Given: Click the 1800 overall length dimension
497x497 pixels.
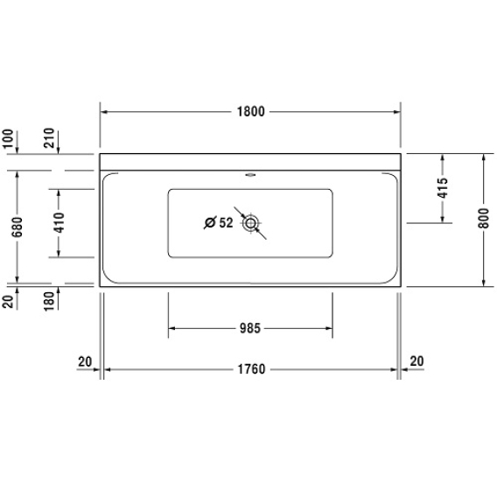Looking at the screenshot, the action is point(251,112).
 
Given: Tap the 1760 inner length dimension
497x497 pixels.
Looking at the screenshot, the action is point(251,369).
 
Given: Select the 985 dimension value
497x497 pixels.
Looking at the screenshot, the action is point(250,328).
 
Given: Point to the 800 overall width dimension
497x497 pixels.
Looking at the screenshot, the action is point(484,218).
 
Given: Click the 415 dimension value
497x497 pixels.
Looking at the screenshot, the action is point(443,188).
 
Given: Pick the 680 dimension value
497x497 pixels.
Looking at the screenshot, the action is point(17,227).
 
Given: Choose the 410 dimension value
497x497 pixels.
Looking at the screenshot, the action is point(59,223).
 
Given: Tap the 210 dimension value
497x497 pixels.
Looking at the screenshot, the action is point(49,138).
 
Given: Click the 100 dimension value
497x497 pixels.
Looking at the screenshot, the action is point(8,138).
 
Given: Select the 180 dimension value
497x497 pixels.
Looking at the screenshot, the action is point(49,301).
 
